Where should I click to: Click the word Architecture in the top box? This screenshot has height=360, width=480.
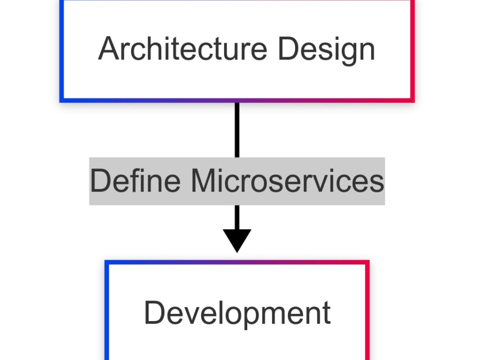click(x=183, y=48)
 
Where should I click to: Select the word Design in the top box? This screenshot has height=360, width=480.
click(x=326, y=51)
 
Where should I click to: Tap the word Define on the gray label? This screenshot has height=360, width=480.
click(x=135, y=180)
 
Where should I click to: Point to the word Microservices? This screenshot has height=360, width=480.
click(x=288, y=180)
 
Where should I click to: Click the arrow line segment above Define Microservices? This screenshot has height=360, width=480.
click(x=237, y=130)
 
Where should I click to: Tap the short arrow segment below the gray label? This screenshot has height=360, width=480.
click(x=237, y=217)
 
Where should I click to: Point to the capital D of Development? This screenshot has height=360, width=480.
click(x=154, y=312)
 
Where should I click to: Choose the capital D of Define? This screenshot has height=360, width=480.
click(x=101, y=180)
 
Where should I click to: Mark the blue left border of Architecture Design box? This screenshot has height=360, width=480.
click(x=61, y=50)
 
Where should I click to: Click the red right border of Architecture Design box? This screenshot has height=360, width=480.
click(x=413, y=50)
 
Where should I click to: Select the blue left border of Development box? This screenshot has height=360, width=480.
click(x=107, y=310)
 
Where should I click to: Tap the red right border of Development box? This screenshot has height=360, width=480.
click(x=367, y=310)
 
